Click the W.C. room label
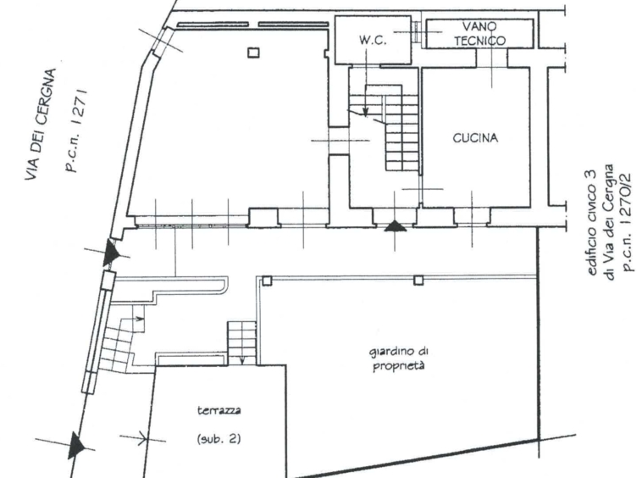point(373,40)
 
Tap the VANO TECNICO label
point(479,34)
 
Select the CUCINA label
point(475,138)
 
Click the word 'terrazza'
point(219,410)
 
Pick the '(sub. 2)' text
point(219,439)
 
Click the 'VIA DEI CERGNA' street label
point(40,124)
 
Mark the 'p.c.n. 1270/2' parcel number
point(627,221)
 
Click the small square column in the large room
point(253,53)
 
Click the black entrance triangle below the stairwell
point(395,226)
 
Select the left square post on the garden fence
point(267,281)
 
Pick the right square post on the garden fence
point(418,281)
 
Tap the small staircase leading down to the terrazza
point(241,343)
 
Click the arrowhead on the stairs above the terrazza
point(242,361)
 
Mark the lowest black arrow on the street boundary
point(77,445)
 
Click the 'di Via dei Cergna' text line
point(610,222)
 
